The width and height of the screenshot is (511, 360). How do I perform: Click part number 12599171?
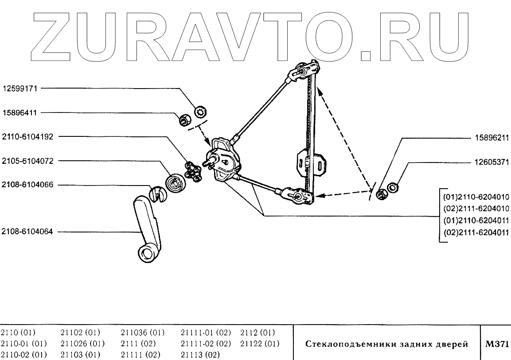click(x=21, y=89)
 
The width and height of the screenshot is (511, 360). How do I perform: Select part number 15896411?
click(x=21, y=113)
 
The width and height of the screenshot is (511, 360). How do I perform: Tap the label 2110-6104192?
click(x=28, y=137)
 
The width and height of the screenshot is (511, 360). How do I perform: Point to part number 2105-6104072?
click(x=28, y=161)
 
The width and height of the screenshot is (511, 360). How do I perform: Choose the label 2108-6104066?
click(x=28, y=185)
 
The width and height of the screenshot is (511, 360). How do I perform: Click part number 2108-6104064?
click(x=28, y=232)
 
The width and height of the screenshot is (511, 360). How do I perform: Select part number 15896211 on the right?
click(x=490, y=138)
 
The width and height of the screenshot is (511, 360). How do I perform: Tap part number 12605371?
click(x=490, y=163)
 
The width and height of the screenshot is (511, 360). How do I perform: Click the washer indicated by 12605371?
click(x=392, y=187)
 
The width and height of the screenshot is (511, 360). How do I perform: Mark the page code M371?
click(x=497, y=345)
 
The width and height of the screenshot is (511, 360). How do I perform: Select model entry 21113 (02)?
click(x=201, y=355)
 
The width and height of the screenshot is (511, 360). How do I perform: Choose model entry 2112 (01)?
click(x=257, y=333)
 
